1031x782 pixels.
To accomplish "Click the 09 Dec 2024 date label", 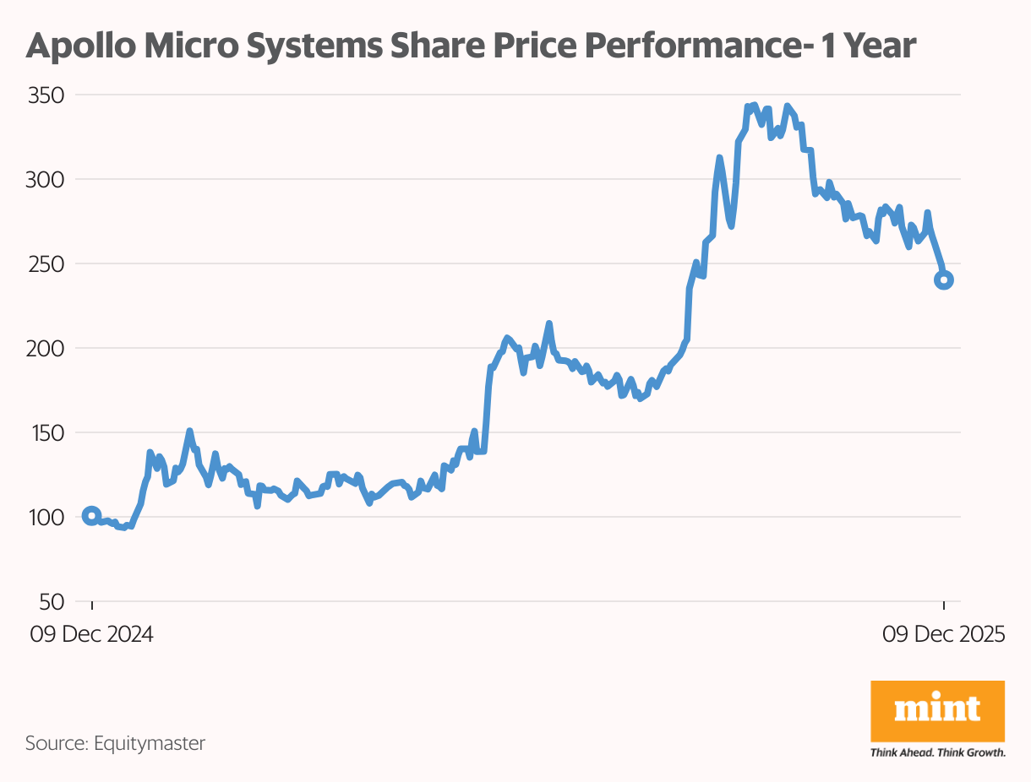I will pos(91,635).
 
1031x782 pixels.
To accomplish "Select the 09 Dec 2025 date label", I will pos(943,635).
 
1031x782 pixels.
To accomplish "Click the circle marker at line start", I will pos(92,516).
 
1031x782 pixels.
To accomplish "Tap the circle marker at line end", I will pos(944,280).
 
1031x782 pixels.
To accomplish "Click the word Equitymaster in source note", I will pos(149,744).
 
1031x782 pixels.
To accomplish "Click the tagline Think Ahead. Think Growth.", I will pos(937,752).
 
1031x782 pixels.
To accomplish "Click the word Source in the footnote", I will pos(54,744).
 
